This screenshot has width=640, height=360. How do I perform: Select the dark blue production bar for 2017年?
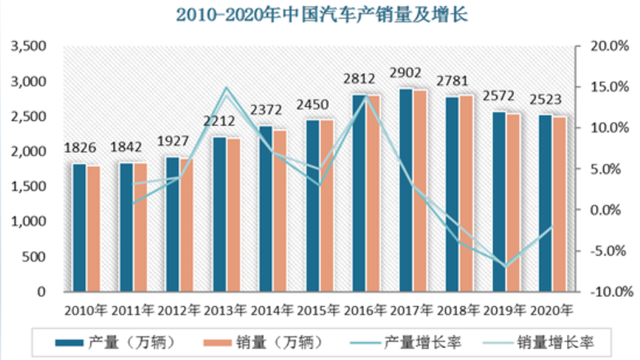[x=406, y=190]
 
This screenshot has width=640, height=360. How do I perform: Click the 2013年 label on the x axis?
[x=227, y=310]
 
